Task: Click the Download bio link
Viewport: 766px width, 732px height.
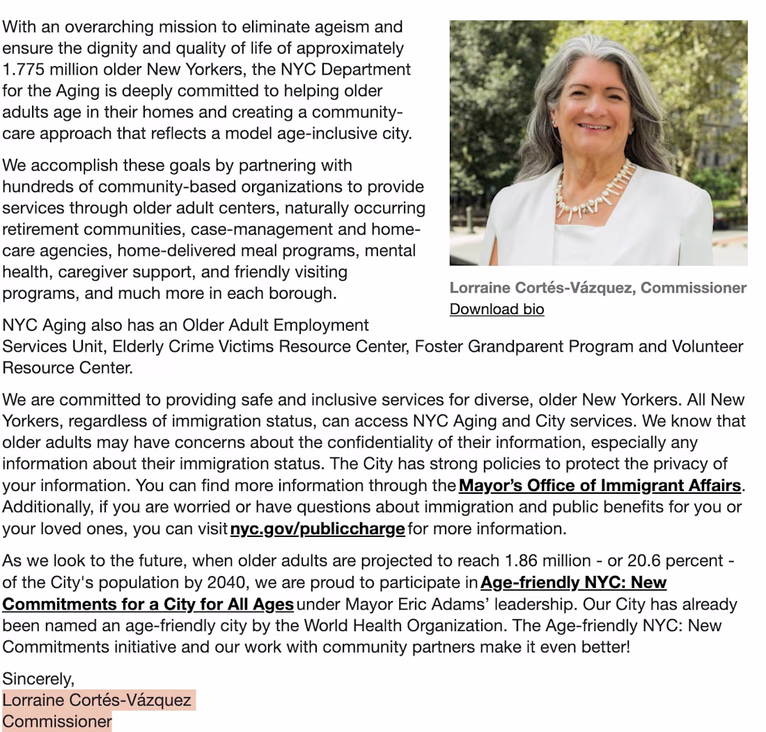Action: (497, 309)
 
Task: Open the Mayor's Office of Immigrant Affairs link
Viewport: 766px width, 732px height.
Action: (600, 485)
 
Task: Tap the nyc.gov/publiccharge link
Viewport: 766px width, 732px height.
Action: (317, 529)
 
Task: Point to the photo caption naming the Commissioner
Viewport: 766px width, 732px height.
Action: (597, 288)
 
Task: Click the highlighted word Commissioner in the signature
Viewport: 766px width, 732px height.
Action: (57, 722)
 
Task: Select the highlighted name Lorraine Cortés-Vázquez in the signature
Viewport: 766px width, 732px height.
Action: (97, 700)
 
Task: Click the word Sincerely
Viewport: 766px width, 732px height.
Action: (38, 678)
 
